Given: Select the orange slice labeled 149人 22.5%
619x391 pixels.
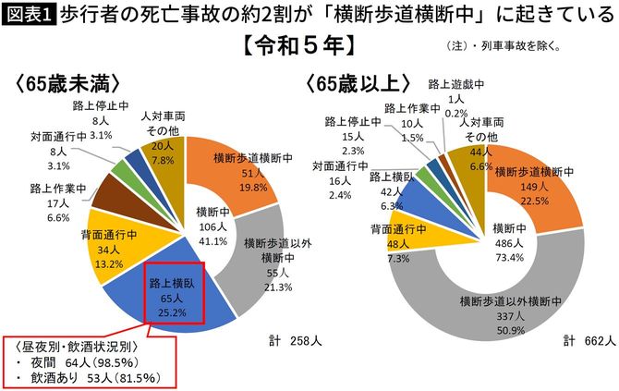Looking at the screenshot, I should click(x=528, y=184).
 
